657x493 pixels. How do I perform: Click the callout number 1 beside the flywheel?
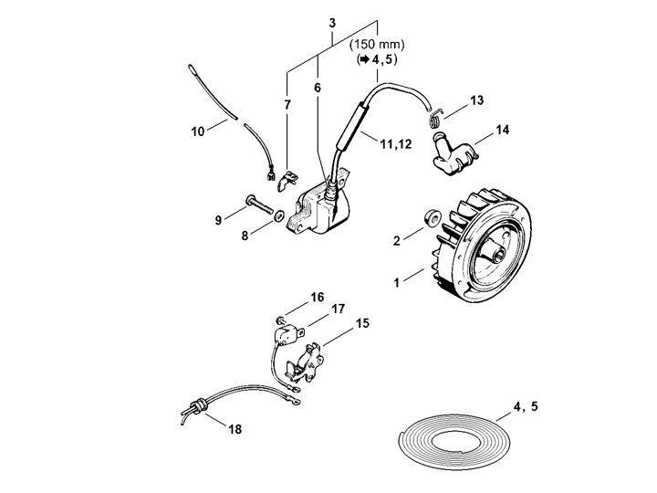pos(395,283)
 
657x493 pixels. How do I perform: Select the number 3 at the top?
pos(332,22)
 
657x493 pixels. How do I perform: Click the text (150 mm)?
pos(378,43)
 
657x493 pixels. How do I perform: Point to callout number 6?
pos(318,88)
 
